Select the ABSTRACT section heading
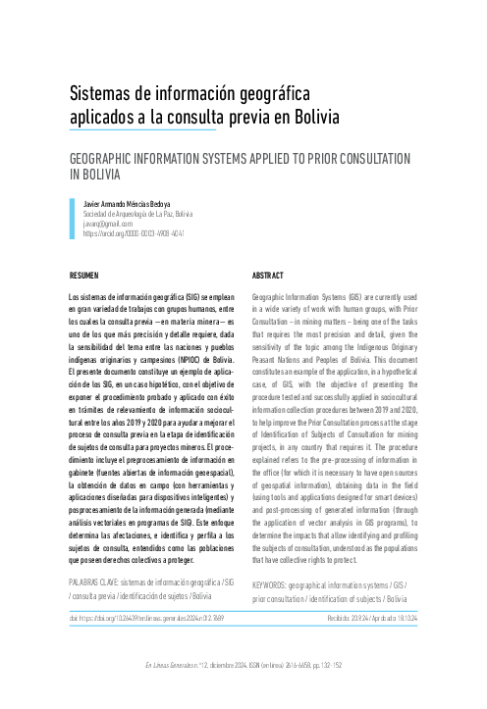268,277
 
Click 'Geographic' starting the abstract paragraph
271,295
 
